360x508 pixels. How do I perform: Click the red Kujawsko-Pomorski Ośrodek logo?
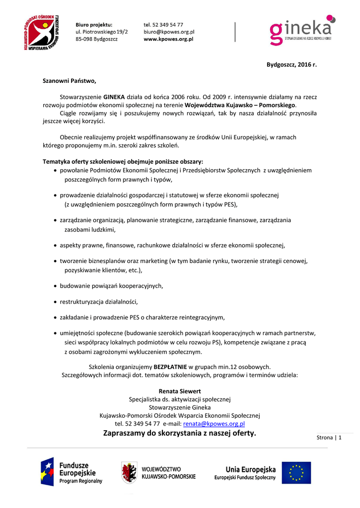click(43, 32)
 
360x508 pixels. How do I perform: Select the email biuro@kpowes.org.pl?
click(169, 31)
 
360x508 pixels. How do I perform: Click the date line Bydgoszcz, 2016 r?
click(291, 65)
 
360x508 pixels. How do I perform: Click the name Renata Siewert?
click(180, 391)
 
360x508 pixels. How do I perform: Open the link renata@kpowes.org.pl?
click(214, 424)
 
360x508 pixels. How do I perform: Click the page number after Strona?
click(340, 437)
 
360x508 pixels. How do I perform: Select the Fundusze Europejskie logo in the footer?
click(72, 472)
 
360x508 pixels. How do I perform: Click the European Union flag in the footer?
click(296, 472)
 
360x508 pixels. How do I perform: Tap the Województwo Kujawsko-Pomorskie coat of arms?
click(130, 472)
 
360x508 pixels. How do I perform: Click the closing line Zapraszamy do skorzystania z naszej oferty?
click(180, 433)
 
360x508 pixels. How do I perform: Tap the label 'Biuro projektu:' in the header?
click(94, 24)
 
